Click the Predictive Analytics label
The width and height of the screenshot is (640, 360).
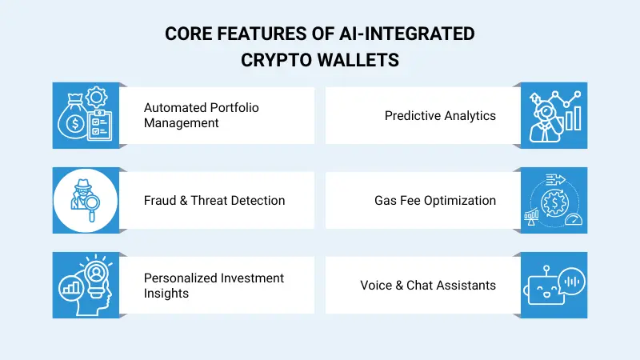coord(440,116)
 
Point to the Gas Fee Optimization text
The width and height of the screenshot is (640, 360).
coord(435,200)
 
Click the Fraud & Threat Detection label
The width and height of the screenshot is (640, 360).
coord(214,200)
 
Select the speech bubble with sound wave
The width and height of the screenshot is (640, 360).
coord(570,279)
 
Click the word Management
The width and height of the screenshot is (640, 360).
coord(182,123)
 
